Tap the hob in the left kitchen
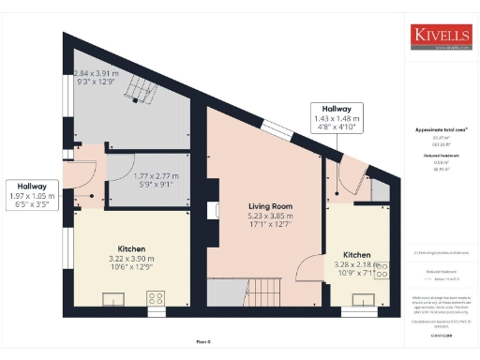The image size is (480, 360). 155,298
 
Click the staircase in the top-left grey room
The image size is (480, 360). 141,90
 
